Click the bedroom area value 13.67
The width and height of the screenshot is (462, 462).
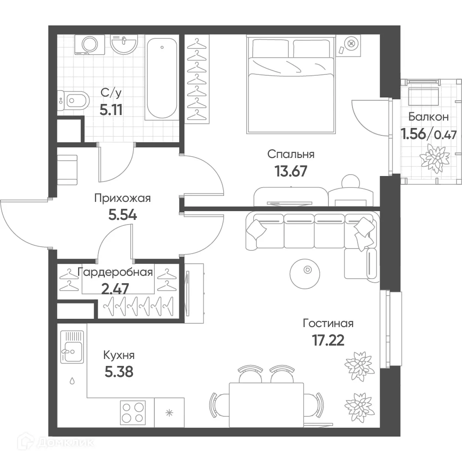pos(291,171)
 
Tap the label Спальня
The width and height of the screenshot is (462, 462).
pos(291,154)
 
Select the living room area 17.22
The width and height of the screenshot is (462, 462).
pos(328,340)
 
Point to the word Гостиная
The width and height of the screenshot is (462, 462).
pos(328,323)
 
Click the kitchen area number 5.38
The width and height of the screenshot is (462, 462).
pos(119,372)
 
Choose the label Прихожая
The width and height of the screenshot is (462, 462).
pos(122,199)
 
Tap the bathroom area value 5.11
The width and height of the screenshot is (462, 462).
pos(111,110)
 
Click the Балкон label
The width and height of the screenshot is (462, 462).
pos(429,117)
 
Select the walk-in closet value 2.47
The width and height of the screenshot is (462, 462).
pos(115,289)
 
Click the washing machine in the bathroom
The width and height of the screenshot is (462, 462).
pos(90,45)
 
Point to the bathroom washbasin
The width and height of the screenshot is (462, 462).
pos(124,44)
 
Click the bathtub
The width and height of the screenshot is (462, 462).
pos(162,78)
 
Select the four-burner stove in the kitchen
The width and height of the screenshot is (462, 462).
pos(133,412)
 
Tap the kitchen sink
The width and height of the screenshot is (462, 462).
pos(72,347)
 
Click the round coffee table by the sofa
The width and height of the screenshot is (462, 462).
pos(304,274)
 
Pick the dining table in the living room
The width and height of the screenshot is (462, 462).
pos(267,405)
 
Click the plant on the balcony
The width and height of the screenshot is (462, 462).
pos(435,155)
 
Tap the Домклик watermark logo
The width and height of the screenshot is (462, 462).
pos(56,442)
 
